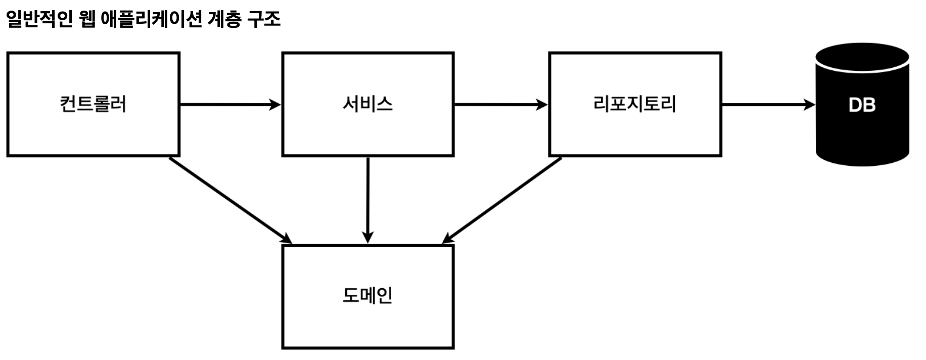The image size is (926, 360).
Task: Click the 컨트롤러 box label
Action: click(93, 104)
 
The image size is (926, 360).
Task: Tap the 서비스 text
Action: click(367, 104)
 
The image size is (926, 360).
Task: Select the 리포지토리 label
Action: click(634, 104)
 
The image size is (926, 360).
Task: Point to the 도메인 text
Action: click(367, 296)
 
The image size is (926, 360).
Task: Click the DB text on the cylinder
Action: click(862, 105)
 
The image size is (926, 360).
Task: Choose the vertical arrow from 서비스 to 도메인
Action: click(368, 197)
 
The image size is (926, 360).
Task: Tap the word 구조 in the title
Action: click(264, 19)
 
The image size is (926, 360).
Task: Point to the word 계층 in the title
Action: click(224, 19)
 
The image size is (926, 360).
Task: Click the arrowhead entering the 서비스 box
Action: click(275, 105)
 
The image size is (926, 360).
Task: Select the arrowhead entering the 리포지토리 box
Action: click(542, 105)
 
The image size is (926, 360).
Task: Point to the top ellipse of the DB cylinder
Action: click(862, 57)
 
